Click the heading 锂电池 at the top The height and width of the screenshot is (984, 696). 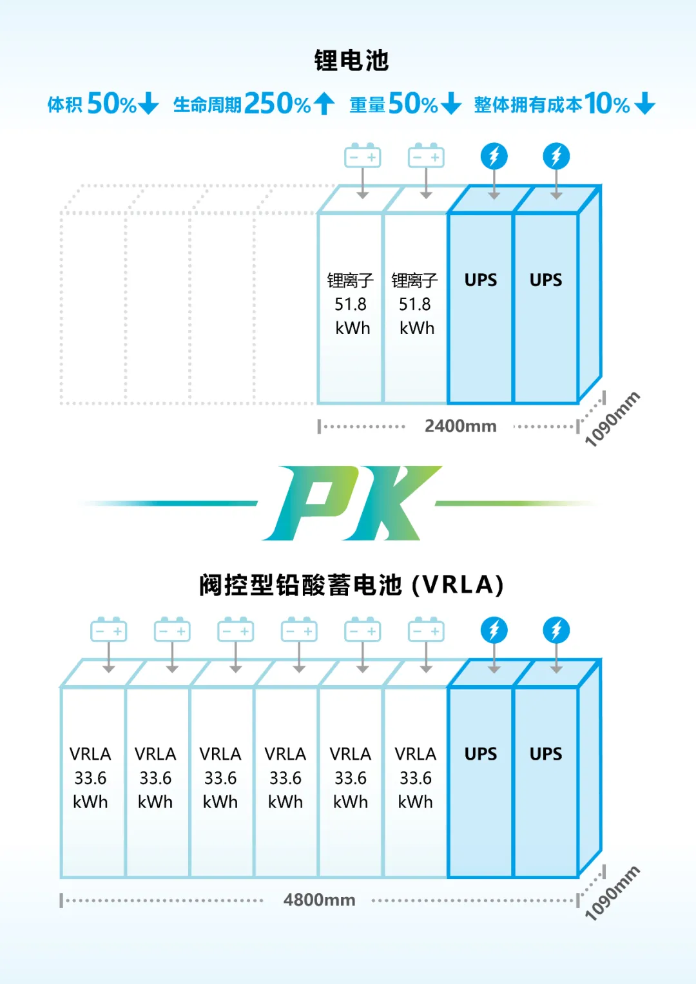point(351,60)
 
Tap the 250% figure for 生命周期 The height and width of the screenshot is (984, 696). point(278,104)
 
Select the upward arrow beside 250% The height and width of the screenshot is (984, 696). point(325,104)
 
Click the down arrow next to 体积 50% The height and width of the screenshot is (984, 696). point(148,104)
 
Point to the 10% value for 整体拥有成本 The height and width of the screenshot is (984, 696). point(607,104)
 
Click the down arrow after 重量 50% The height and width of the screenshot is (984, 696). point(451,104)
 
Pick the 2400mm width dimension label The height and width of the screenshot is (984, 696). point(461,426)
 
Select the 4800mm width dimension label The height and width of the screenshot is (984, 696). point(320,900)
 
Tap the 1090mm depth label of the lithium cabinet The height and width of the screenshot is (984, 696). point(612,419)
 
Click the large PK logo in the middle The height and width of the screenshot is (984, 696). point(351,503)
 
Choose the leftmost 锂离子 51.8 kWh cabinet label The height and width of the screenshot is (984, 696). point(350,304)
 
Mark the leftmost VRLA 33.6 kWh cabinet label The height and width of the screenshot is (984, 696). point(90,778)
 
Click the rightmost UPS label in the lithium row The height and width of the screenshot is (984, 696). point(546,280)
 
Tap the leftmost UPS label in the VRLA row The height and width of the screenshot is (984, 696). point(481,754)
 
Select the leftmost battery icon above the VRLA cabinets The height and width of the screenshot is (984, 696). point(108,630)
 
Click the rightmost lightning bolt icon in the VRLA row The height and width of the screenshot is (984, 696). point(556,630)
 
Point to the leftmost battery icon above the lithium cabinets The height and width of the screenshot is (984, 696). point(362,155)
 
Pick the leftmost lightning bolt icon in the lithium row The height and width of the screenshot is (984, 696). point(494,156)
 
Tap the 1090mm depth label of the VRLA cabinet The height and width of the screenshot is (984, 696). point(612,892)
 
